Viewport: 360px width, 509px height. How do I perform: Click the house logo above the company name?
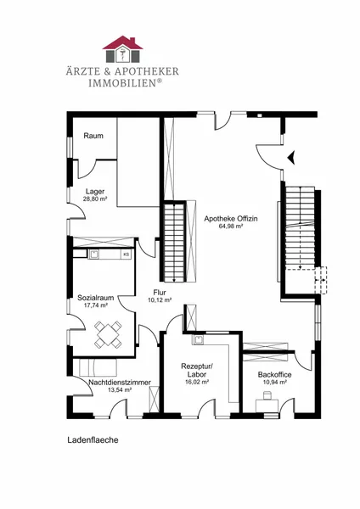click(123, 49)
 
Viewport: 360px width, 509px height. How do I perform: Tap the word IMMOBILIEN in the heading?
click(123, 83)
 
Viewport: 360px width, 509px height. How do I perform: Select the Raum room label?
click(93, 136)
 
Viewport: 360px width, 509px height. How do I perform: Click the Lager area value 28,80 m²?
click(95, 199)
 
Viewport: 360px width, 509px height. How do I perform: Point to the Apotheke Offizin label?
click(231, 219)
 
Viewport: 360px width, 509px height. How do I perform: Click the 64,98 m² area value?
click(231, 227)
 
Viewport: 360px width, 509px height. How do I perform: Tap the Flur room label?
click(160, 293)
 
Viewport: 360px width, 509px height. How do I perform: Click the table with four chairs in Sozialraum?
click(108, 334)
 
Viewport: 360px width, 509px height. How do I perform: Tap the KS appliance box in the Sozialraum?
click(126, 255)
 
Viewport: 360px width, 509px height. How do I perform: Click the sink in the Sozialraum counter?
click(94, 255)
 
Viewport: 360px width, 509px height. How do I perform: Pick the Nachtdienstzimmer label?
click(120, 383)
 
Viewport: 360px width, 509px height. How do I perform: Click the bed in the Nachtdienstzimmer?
click(98, 367)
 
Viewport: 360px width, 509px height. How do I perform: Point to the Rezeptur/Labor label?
click(197, 370)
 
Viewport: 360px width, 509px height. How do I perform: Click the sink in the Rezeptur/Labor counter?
click(198, 339)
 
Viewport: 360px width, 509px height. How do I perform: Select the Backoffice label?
click(274, 375)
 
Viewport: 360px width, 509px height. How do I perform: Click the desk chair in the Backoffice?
click(267, 395)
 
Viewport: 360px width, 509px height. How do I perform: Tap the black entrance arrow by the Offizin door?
click(291, 158)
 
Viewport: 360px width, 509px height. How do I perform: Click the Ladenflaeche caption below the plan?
click(93, 440)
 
